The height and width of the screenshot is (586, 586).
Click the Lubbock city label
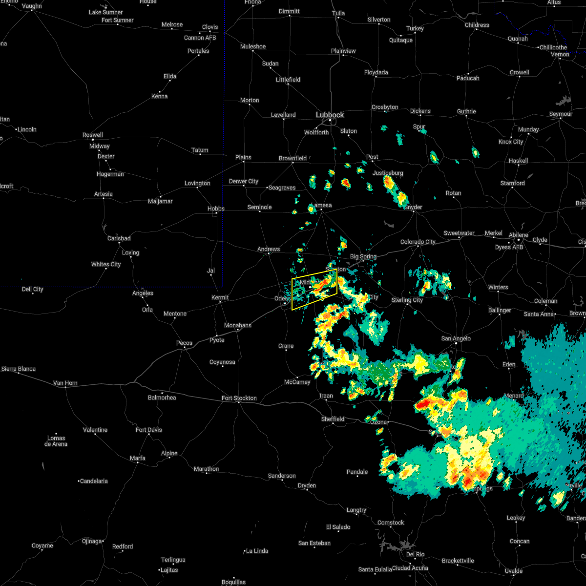coord(330,115)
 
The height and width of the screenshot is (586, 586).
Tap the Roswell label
coord(92,135)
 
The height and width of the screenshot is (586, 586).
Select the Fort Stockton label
coord(239,398)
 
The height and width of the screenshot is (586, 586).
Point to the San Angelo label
coord(456,338)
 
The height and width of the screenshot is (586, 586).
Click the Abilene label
coord(518,235)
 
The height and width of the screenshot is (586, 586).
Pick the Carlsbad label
coord(119,238)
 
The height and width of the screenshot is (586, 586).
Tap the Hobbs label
coord(216,209)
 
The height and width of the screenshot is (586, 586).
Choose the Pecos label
coord(184,343)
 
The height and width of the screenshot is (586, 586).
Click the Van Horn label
coord(65,383)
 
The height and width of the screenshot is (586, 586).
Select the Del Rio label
coord(415,554)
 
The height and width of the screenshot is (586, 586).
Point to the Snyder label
coord(413,207)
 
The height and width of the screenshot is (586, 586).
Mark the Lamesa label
coord(322,205)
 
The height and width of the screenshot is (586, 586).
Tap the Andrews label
coord(269,249)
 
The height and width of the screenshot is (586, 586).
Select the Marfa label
coord(137,458)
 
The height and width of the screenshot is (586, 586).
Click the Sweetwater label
coord(459,233)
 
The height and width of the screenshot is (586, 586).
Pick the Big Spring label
coord(363,256)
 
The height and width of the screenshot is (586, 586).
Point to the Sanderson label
coord(282,476)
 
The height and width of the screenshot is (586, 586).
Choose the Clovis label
coord(210,27)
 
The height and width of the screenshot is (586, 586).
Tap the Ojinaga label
coord(92,541)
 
